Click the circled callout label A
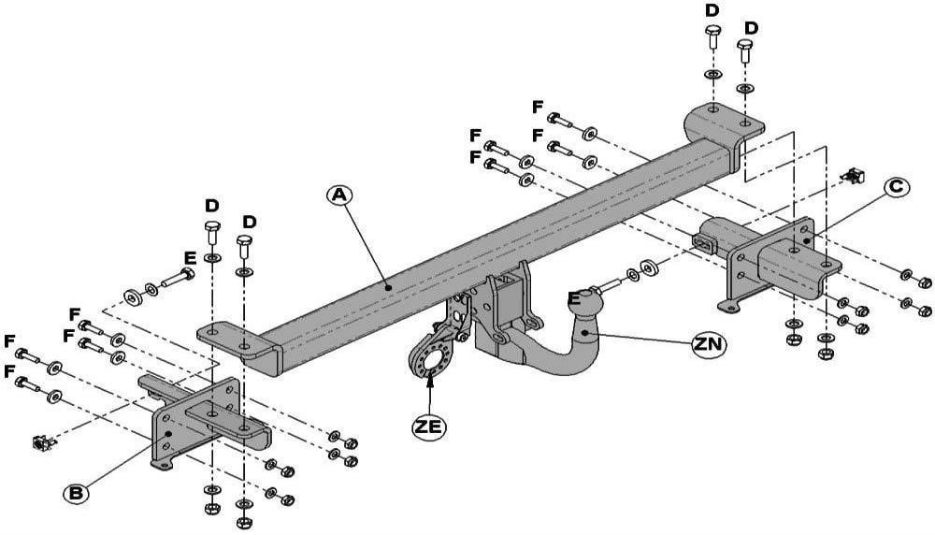339,195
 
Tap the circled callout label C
895,187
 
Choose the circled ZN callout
707,344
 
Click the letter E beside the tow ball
575,299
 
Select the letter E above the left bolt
190,258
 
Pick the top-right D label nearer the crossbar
712,10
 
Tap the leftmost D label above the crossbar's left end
212,205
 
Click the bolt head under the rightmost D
746,47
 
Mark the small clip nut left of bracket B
39,441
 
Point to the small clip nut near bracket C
853,175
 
